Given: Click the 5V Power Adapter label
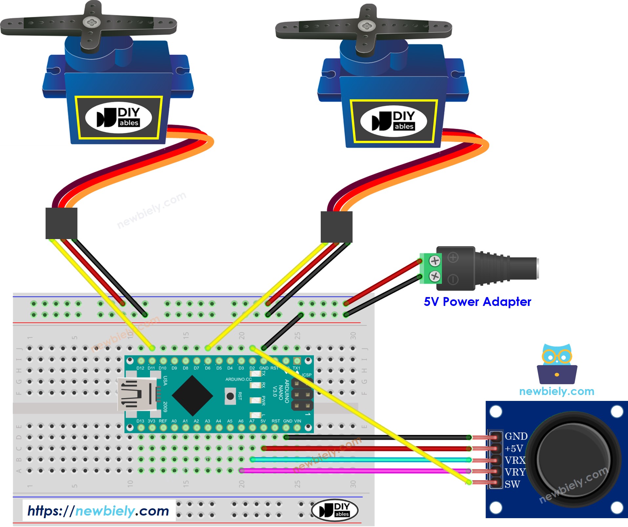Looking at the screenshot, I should point(477,302).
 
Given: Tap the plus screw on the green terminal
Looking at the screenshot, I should point(435,261).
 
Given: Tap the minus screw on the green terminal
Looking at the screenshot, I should point(435,276).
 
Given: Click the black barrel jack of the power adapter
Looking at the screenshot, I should point(505,268).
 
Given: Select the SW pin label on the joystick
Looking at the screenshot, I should point(512,484).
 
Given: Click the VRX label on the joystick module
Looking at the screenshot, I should point(515,460).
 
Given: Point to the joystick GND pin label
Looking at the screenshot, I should point(516,436).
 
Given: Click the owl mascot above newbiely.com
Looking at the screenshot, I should point(557,364).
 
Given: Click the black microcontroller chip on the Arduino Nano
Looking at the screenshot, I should point(192,396).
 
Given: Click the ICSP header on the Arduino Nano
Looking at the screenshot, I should point(302,395).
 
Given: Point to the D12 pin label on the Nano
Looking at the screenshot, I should point(140,368).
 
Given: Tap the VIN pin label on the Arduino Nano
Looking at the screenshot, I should point(297,421).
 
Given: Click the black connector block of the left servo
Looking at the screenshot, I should point(61,223).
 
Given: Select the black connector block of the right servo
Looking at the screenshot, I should point(336,227).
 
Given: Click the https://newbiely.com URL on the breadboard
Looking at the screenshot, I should point(98,511).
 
